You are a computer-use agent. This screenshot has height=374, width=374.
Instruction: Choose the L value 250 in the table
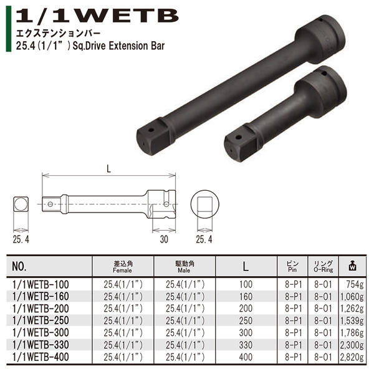click(x=246, y=320)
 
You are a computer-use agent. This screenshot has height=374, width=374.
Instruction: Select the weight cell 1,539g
click(x=355, y=320)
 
